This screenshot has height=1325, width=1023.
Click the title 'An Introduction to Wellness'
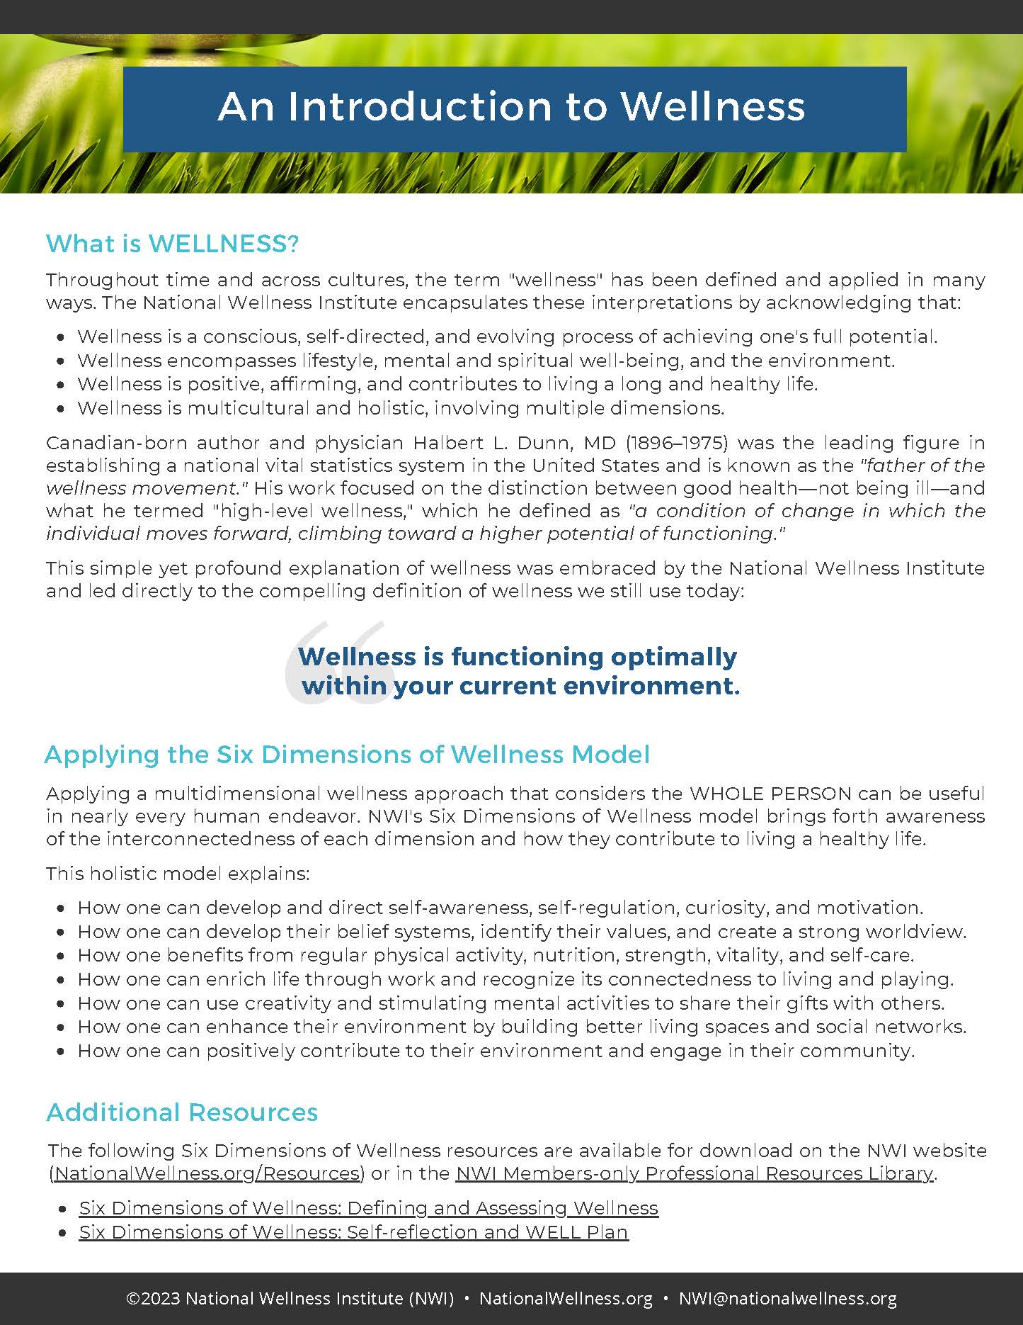tap(511, 107)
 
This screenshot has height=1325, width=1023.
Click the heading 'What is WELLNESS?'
tap(173, 244)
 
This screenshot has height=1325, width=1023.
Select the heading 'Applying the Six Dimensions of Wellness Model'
tap(347, 755)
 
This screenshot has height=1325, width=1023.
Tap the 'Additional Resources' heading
tap(182, 1112)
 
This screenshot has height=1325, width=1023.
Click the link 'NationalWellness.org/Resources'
tap(207, 1173)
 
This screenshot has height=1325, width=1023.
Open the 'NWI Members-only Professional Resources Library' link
tap(695, 1173)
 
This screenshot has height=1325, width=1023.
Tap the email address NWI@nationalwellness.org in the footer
tap(787, 1299)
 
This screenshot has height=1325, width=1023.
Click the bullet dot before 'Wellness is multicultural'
tap(62, 409)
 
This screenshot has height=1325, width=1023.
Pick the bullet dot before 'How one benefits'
tap(62, 956)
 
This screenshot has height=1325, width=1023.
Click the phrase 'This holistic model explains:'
tap(178, 873)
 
